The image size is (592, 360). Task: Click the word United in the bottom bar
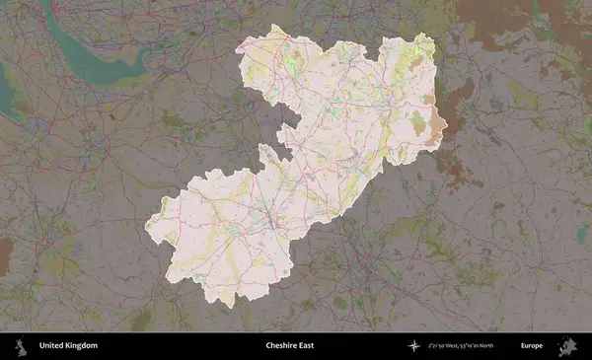click(x=50, y=346)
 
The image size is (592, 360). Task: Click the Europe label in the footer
click(x=532, y=346)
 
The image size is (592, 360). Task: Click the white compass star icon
click(x=413, y=346)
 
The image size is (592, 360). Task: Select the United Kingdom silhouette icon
click(x=19, y=346)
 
